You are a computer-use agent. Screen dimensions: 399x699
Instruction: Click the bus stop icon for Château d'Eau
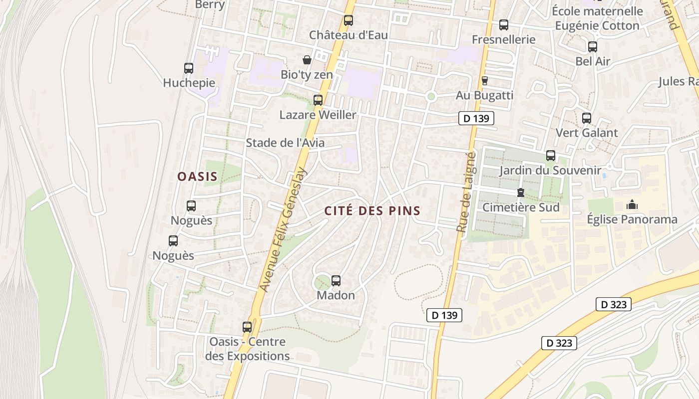pyautogui.click(x=348, y=20)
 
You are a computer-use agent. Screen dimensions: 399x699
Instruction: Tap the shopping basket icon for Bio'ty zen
pyautogui.click(x=307, y=60)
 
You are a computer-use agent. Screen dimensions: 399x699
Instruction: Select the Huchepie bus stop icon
pyautogui.click(x=188, y=68)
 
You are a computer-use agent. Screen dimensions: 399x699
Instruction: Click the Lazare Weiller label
pyautogui.click(x=318, y=115)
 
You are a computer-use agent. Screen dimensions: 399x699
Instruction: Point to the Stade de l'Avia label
pyautogui.click(x=285, y=143)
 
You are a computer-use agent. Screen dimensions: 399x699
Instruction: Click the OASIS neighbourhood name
pyautogui.click(x=198, y=176)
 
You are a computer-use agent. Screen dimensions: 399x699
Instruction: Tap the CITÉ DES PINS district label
pyautogui.click(x=372, y=211)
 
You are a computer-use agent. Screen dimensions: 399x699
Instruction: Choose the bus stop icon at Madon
pyautogui.click(x=336, y=281)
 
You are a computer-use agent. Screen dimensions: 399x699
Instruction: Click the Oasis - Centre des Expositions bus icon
pyautogui.click(x=247, y=327)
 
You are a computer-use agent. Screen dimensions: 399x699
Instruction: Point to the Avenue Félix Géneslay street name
pyautogui.click(x=283, y=229)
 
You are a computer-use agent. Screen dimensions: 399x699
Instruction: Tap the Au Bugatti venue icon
pyautogui.click(x=484, y=80)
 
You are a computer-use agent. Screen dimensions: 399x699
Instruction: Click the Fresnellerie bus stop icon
pyautogui.click(x=504, y=24)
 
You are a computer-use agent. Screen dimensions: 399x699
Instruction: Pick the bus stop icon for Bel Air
pyautogui.click(x=592, y=47)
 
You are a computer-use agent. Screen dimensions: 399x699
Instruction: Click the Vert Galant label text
pyautogui.click(x=587, y=133)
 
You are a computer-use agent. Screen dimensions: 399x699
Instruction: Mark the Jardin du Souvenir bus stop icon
pyautogui.click(x=550, y=156)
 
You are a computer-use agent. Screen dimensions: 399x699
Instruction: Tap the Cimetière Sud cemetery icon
pyautogui.click(x=521, y=192)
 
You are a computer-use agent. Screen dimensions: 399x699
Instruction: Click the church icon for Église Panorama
pyautogui.click(x=632, y=204)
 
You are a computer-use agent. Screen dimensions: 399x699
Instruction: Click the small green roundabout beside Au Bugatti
pyautogui.click(x=431, y=96)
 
